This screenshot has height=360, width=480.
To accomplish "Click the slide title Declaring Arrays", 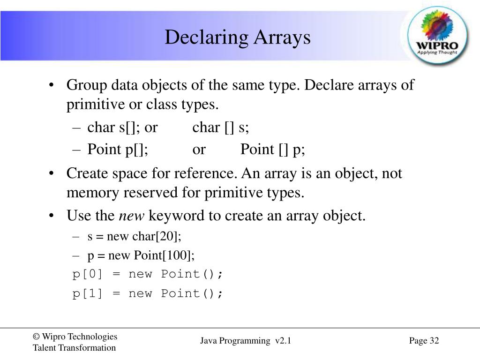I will coord(237,37).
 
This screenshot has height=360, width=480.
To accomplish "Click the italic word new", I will coord(132,216).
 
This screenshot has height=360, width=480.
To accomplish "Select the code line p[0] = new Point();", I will coord(148,274).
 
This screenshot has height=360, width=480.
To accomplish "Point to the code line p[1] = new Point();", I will coord(148,294).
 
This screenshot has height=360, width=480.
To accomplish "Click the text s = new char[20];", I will coord(134,236).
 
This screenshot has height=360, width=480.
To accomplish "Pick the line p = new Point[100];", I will coord(141,255).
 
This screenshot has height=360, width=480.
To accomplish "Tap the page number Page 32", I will coord(424,341).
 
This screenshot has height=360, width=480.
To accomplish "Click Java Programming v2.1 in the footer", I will coord(246,341).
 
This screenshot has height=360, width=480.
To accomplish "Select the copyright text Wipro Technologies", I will coord(75,337).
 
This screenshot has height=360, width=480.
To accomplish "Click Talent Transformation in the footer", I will coord(74,348).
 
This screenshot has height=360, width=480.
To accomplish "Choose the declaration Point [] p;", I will coord(273,150).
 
